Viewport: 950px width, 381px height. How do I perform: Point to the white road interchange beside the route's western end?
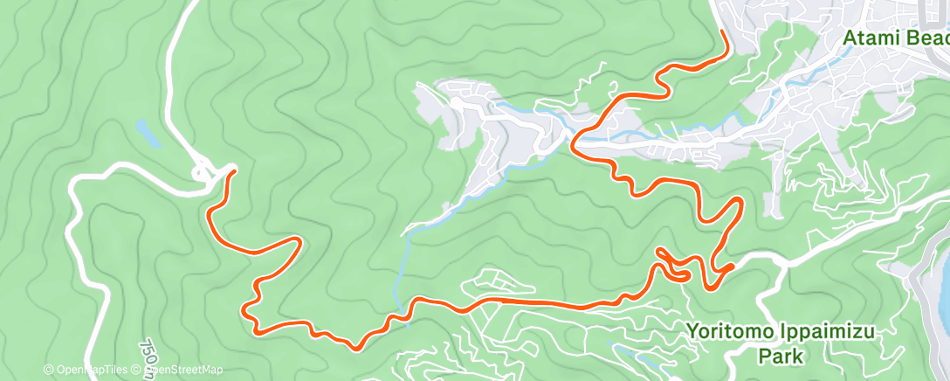tap(206, 170)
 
